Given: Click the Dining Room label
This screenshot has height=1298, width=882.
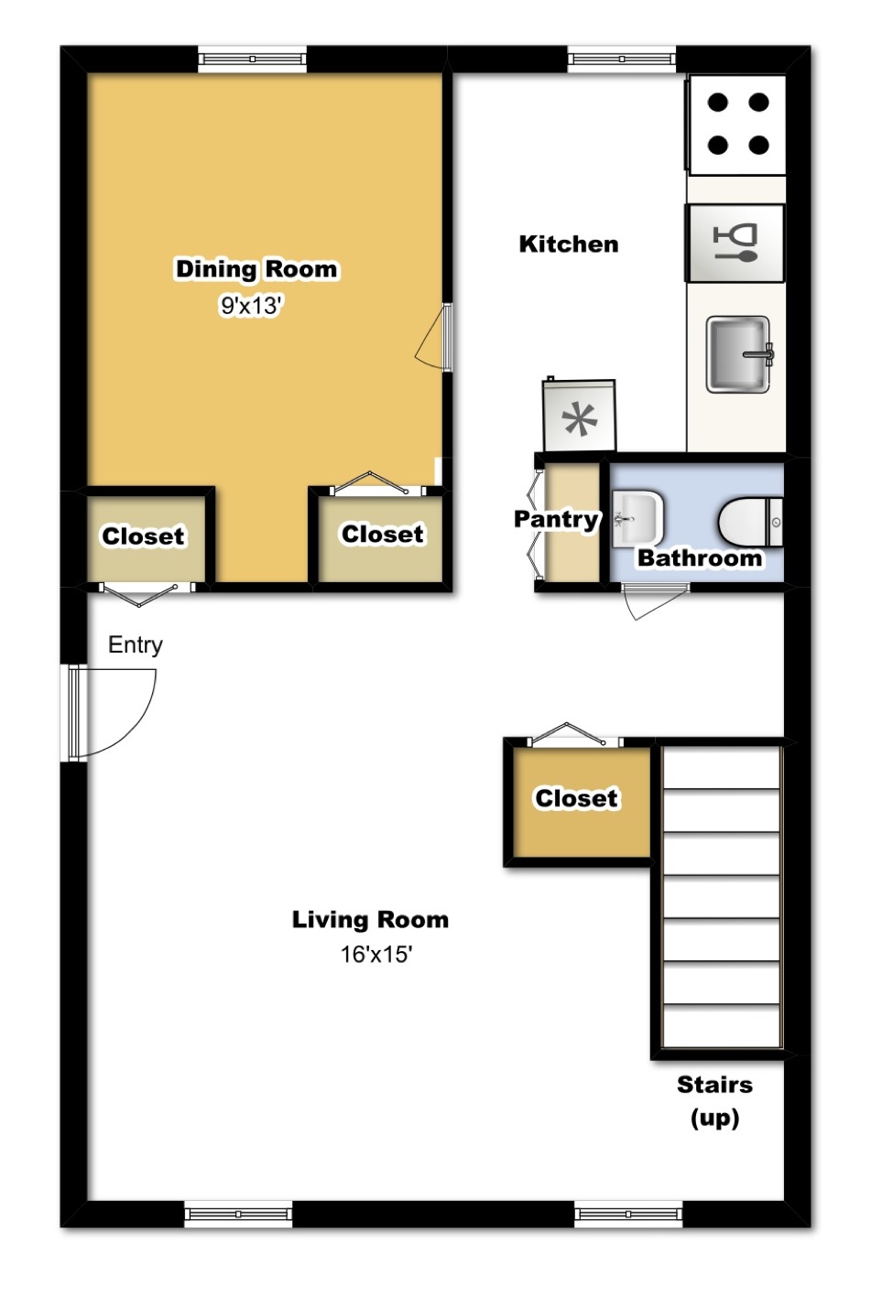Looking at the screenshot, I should pyautogui.click(x=256, y=269).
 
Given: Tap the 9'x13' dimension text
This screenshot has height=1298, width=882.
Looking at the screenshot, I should pyautogui.click(x=250, y=306).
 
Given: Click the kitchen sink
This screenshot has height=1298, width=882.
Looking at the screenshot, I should pyautogui.click(x=738, y=353).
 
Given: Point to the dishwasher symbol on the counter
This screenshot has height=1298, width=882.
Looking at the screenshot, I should pyautogui.click(x=735, y=243).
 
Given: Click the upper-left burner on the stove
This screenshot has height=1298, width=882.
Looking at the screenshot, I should pyautogui.click(x=718, y=103).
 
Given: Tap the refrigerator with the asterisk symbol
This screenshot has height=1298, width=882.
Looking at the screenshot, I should pyautogui.click(x=579, y=417).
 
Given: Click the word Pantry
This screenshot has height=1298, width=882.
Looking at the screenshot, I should pyautogui.click(x=556, y=519).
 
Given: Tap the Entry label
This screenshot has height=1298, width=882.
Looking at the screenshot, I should pyautogui.click(x=136, y=644).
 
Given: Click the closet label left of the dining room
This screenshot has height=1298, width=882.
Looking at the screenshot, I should pyautogui.click(x=143, y=536).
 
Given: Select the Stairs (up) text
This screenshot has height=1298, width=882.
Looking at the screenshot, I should pyautogui.click(x=714, y=1100).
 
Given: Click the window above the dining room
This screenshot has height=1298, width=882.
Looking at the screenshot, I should pyautogui.click(x=253, y=59).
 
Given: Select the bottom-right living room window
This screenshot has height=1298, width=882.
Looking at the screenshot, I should pyautogui.click(x=628, y=1215).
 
